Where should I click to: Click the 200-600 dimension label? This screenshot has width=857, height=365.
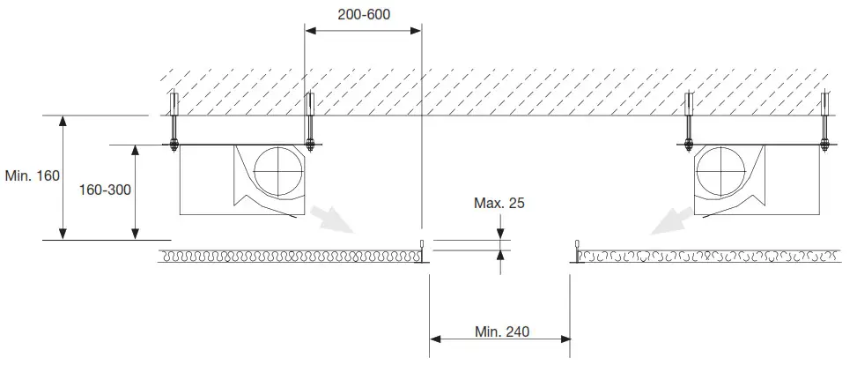[364, 15]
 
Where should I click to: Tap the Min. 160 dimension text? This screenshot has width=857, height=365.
[32, 175]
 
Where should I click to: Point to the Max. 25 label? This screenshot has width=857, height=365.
[499, 203]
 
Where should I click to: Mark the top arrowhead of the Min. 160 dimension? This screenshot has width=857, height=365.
[63, 122]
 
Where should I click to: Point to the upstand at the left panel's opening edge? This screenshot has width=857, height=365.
[423, 250]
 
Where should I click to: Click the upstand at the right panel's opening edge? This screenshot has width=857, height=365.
[575, 250]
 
